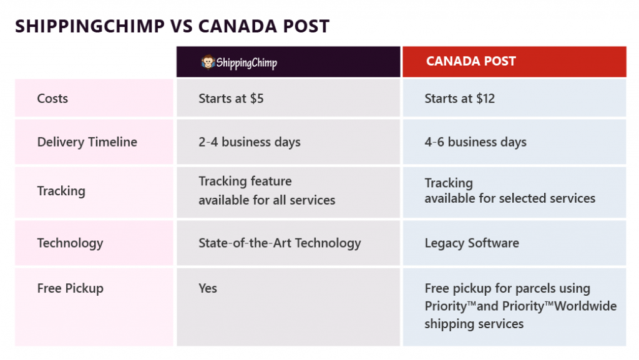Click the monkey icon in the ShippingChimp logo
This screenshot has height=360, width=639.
point(208,62)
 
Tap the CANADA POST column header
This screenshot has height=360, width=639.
point(471,61)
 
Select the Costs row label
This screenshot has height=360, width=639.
point(52,99)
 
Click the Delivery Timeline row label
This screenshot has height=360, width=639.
point(87,142)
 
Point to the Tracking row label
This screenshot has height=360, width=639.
point(61,191)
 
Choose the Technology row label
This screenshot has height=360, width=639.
point(70,243)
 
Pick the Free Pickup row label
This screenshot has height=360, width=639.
point(70,288)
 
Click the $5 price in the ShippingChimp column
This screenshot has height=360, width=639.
point(256,99)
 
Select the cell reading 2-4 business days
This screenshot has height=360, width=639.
point(250,142)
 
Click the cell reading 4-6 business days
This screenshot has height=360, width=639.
point(476,142)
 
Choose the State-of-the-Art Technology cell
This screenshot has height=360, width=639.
point(280,243)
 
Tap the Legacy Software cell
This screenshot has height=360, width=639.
point(472,243)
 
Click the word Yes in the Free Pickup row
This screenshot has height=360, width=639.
point(208,288)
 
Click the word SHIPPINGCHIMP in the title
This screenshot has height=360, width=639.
point(90,26)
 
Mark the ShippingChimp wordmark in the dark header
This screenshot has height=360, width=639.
point(246,63)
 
